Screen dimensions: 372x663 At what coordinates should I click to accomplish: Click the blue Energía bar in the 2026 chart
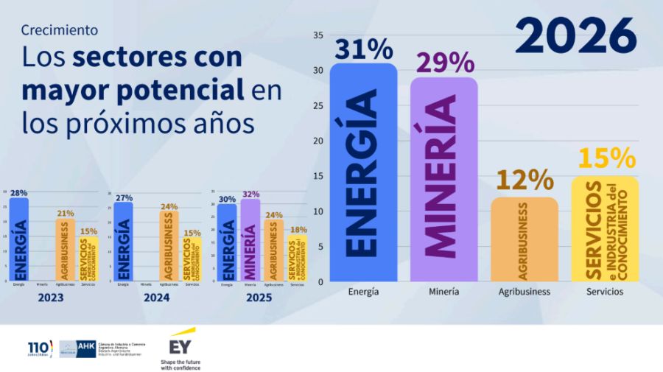click(363, 173)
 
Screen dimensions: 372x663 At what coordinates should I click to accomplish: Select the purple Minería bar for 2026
click(443, 180)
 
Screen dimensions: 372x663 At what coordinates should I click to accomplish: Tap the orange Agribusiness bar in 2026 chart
click(525, 239)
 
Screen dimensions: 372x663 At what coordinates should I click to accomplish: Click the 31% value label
click(363, 49)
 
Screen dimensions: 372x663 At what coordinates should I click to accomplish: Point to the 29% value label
click(444, 63)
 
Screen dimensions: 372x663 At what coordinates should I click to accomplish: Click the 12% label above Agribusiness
click(525, 180)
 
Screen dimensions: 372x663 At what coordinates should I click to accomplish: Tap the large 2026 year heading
click(575, 35)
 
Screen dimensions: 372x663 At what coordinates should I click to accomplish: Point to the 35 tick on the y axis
click(318, 35)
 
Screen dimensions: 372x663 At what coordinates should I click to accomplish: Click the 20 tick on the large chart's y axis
click(318, 141)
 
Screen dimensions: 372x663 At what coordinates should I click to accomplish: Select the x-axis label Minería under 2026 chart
click(443, 292)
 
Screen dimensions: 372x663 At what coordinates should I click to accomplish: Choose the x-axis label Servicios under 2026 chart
click(605, 292)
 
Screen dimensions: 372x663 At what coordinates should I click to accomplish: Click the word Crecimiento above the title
click(60, 30)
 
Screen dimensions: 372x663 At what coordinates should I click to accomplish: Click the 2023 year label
click(50, 299)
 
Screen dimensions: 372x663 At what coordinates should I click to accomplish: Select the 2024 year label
click(156, 299)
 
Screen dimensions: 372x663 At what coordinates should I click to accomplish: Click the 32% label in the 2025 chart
click(251, 194)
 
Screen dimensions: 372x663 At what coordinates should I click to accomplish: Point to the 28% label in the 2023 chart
click(18, 193)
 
